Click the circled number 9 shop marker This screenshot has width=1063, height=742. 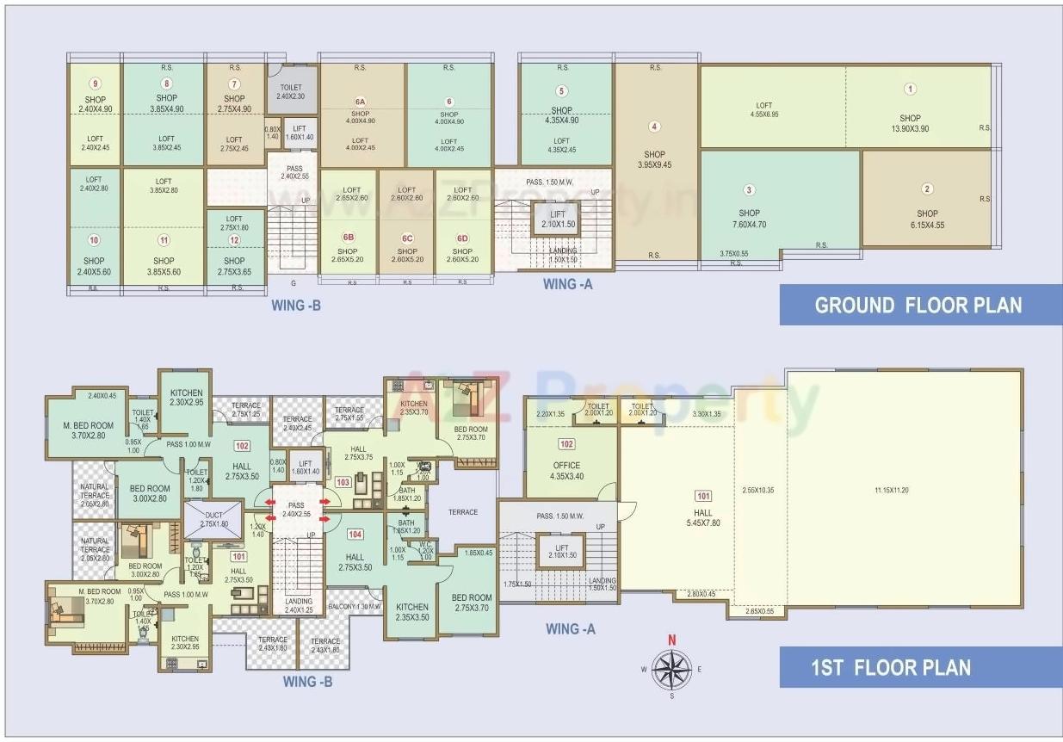[95, 83]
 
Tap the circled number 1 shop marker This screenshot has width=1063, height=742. [910, 89]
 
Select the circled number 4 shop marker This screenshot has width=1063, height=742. [654, 127]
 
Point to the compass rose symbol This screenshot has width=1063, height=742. [671, 668]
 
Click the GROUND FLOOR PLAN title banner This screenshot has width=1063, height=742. [918, 305]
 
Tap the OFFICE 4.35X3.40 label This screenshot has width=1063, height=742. [566, 470]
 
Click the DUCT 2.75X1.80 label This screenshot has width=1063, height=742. [213, 519]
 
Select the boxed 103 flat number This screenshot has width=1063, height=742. [343, 483]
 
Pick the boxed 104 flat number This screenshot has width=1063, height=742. [355, 534]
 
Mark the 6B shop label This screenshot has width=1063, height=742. [348, 238]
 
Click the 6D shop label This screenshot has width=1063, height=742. [462, 238]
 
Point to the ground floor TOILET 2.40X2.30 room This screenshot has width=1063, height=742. [291, 91]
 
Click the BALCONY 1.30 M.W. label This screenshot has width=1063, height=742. [354, 608]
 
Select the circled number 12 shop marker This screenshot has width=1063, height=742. [234, 242]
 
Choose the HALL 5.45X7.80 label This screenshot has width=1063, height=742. [704, 516]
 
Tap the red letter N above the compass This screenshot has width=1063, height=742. [672, 640]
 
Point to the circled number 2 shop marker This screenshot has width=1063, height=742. [927, 189]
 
